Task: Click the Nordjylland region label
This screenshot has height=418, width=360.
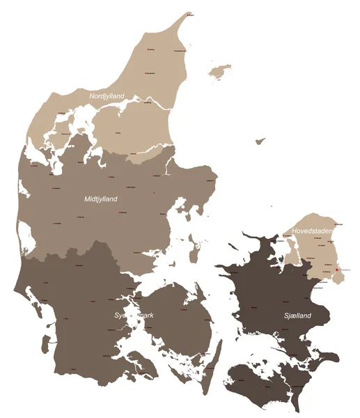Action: (107, 95)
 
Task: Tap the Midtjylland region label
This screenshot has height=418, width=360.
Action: (101, 199)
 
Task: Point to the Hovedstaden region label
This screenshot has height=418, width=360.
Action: (311, 231)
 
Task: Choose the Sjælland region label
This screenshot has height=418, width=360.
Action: (297, 316)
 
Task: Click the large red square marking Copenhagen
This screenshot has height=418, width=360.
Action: (337, 270)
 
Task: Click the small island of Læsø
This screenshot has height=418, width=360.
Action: (221, 70)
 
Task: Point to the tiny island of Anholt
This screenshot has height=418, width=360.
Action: (260, 141)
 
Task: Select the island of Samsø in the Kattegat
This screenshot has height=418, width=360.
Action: (198, 246)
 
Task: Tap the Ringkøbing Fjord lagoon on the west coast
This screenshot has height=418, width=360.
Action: (26, 236)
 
